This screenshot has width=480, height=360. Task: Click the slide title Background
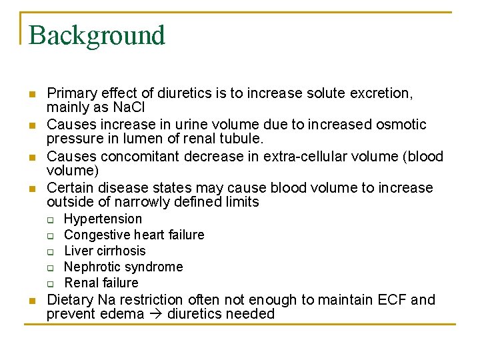[x=97, y=35]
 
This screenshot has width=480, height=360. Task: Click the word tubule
[x=241, y=139]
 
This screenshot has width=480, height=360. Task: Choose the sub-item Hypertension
[x=103, y=219]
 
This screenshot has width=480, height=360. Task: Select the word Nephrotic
[x=94, y=267]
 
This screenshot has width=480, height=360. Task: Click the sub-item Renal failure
[x=101, y=283]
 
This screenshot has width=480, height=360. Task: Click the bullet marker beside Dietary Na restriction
[x=31, y=301]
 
